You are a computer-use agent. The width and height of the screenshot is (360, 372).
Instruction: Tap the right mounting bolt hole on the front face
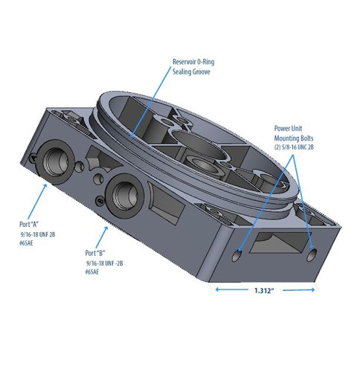(314, 253)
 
